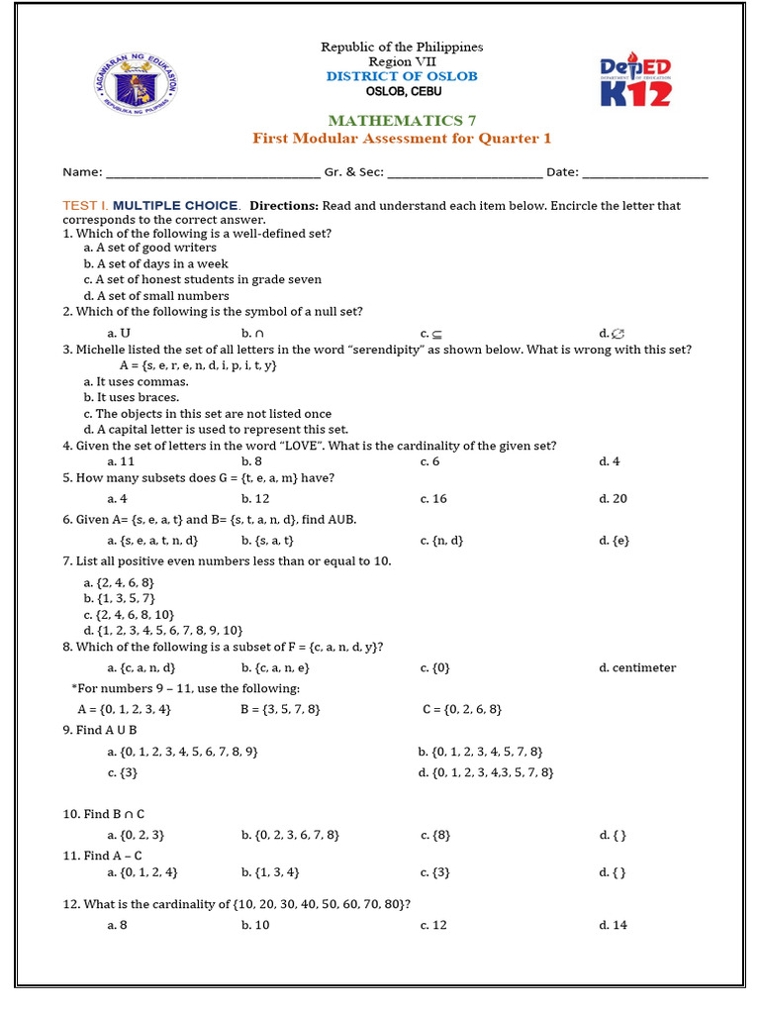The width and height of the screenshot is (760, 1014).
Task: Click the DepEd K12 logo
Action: click(636, 81)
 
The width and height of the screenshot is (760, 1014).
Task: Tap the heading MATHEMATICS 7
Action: click(401, 121)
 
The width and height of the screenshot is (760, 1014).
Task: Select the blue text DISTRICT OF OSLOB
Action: click(401, 76)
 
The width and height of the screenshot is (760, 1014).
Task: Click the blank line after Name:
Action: click(213, 174)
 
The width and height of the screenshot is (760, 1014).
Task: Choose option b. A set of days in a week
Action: click(155, 263)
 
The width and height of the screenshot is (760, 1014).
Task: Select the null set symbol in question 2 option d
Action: click(618, 333)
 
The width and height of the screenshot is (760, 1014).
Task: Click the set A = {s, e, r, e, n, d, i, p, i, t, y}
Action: click(198, 365)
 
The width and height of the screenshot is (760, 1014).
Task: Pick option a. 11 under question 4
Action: click(121, 461)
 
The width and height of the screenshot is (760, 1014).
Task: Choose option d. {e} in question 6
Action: click(615, 541)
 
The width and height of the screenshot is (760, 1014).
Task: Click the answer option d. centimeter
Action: click(637, 667)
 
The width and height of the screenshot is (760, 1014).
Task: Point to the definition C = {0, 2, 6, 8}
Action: click(462, 709)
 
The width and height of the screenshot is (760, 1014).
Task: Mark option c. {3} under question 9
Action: click(123, 772)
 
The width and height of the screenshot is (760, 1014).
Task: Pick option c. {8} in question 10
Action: click(435, 835)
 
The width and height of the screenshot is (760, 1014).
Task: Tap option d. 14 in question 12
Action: click(613, 925)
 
